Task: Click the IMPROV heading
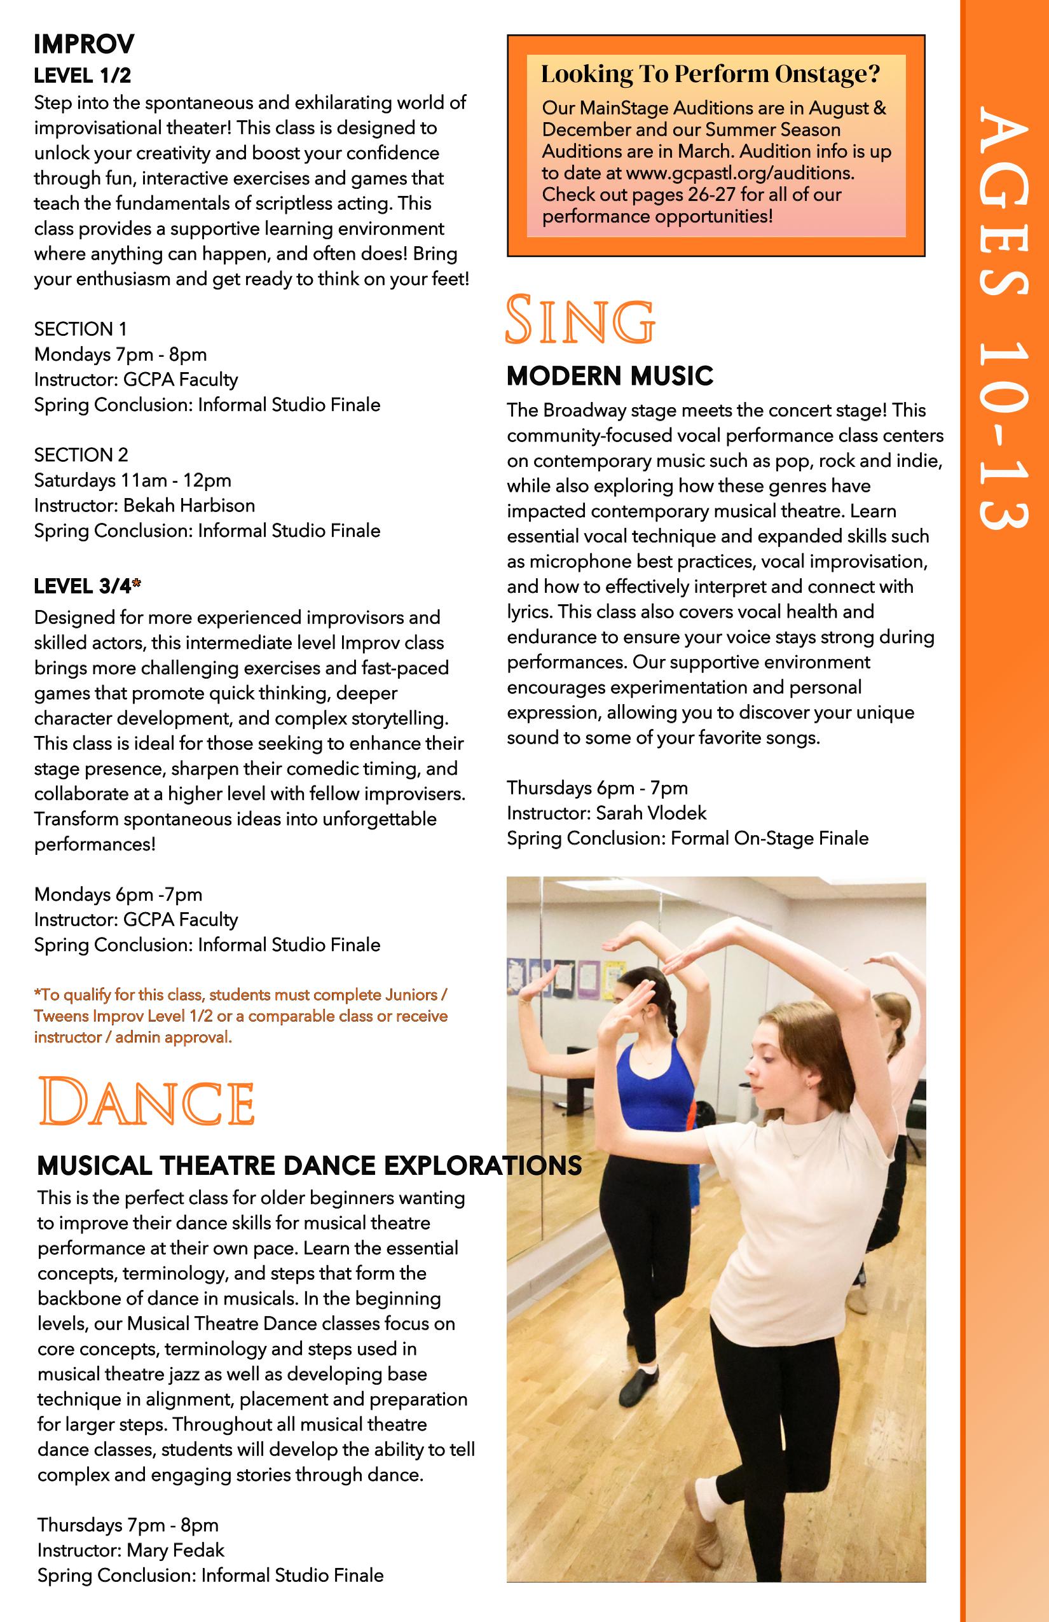(x=84, y=45)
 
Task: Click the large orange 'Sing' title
(x=580, y=319)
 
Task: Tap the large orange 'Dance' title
(x=146, y=1102)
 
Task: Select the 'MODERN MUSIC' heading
(x=610, y=376)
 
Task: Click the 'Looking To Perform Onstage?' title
(x=711, y=74)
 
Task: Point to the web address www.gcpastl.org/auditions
(x=738, y=173)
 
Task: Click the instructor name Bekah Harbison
(x=189, y=506)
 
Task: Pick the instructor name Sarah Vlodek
(x=650, y=813)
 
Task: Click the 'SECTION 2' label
(x=81, y=455)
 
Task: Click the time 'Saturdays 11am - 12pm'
(x=133, y=480)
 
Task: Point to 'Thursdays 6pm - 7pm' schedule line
(x=597, y=788)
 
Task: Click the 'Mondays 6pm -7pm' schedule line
(x=118, y=894)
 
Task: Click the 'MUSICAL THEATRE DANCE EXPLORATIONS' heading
(x=309, y=1166)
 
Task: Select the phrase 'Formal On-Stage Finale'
(x=769, y=838)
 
